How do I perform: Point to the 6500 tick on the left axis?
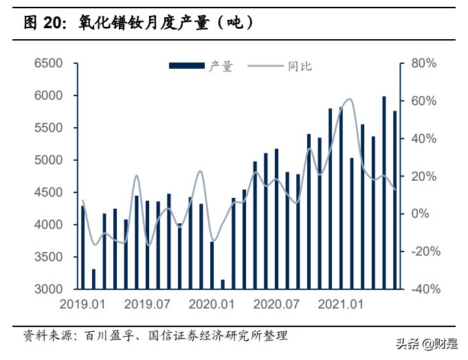click(49, 63)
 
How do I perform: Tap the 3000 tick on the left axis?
click(49, 289)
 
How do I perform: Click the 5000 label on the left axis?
click(49, 160)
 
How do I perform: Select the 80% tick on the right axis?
click(423, 63)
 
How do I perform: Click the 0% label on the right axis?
click(420, 214)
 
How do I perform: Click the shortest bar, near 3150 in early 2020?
click(223, 284)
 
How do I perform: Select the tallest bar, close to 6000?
click(384, 192)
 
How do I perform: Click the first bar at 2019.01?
click(82, 247)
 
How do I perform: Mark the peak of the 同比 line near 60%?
click(350, 100)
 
